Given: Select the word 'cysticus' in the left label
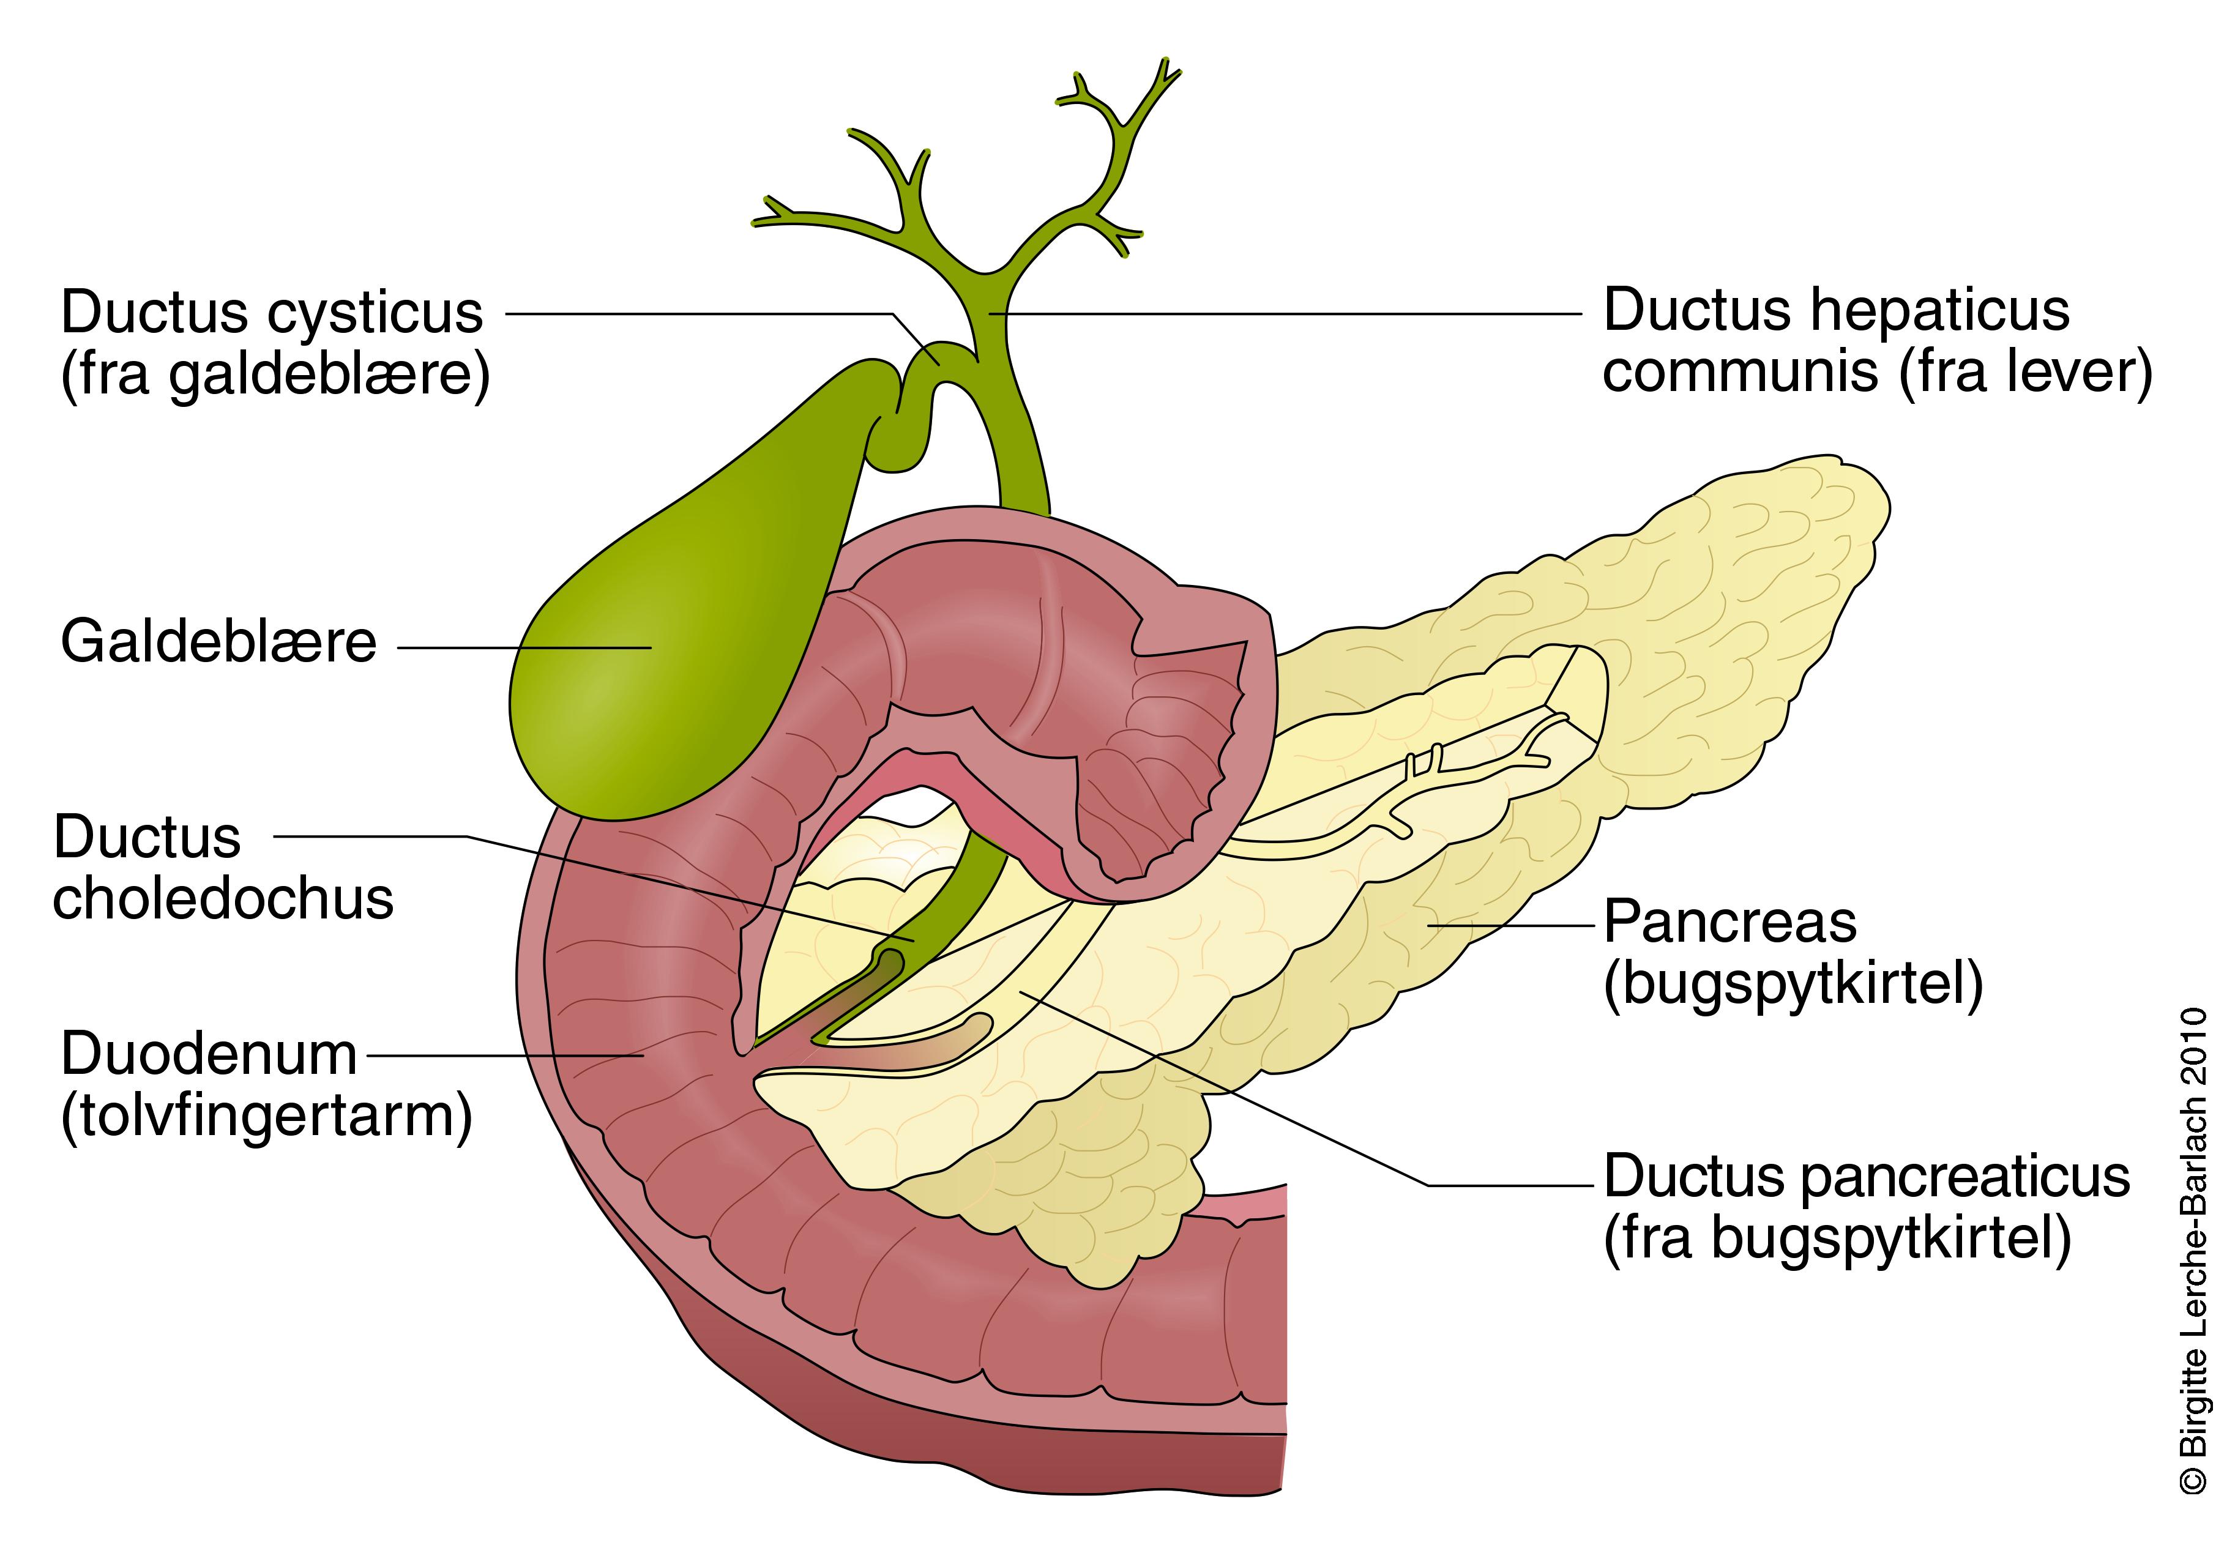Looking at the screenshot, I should pos(375,313).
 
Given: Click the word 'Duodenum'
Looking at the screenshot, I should pos(209,1054).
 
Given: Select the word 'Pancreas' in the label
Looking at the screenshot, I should pos(1729,922).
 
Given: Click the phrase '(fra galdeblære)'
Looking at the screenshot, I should pos(275,374).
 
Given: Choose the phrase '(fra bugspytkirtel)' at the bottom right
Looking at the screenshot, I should pos(1837,1238).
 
